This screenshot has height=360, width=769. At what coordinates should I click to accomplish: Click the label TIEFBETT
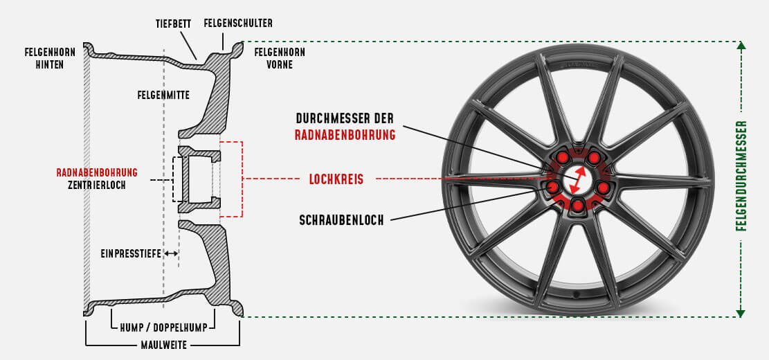tap(173, 24)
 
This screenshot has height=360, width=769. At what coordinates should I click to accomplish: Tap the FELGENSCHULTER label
tap(238, 24)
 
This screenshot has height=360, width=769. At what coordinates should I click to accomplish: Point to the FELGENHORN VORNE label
tap(280, 58)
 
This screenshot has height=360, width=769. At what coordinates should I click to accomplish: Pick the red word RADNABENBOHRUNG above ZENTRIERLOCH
tap(97, 172)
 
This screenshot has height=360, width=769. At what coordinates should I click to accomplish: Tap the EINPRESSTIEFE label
tap(131, 254)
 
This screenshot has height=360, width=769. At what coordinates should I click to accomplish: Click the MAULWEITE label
tap(163, 344)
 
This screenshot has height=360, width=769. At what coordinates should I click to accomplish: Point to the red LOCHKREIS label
tap(336, 179)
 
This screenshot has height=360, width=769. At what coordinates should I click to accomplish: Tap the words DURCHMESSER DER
tap(345, 118)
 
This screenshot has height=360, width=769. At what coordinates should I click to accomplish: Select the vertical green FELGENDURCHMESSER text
tap(742, 176)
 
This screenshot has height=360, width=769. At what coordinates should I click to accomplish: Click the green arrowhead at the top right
tap(741, 46)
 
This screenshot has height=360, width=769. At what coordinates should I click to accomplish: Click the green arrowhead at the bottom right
tap(741, 313)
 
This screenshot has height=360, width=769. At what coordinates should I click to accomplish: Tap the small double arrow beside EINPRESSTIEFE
tap(172, 254)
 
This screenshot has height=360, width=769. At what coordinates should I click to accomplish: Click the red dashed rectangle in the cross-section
tap(231, 179)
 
